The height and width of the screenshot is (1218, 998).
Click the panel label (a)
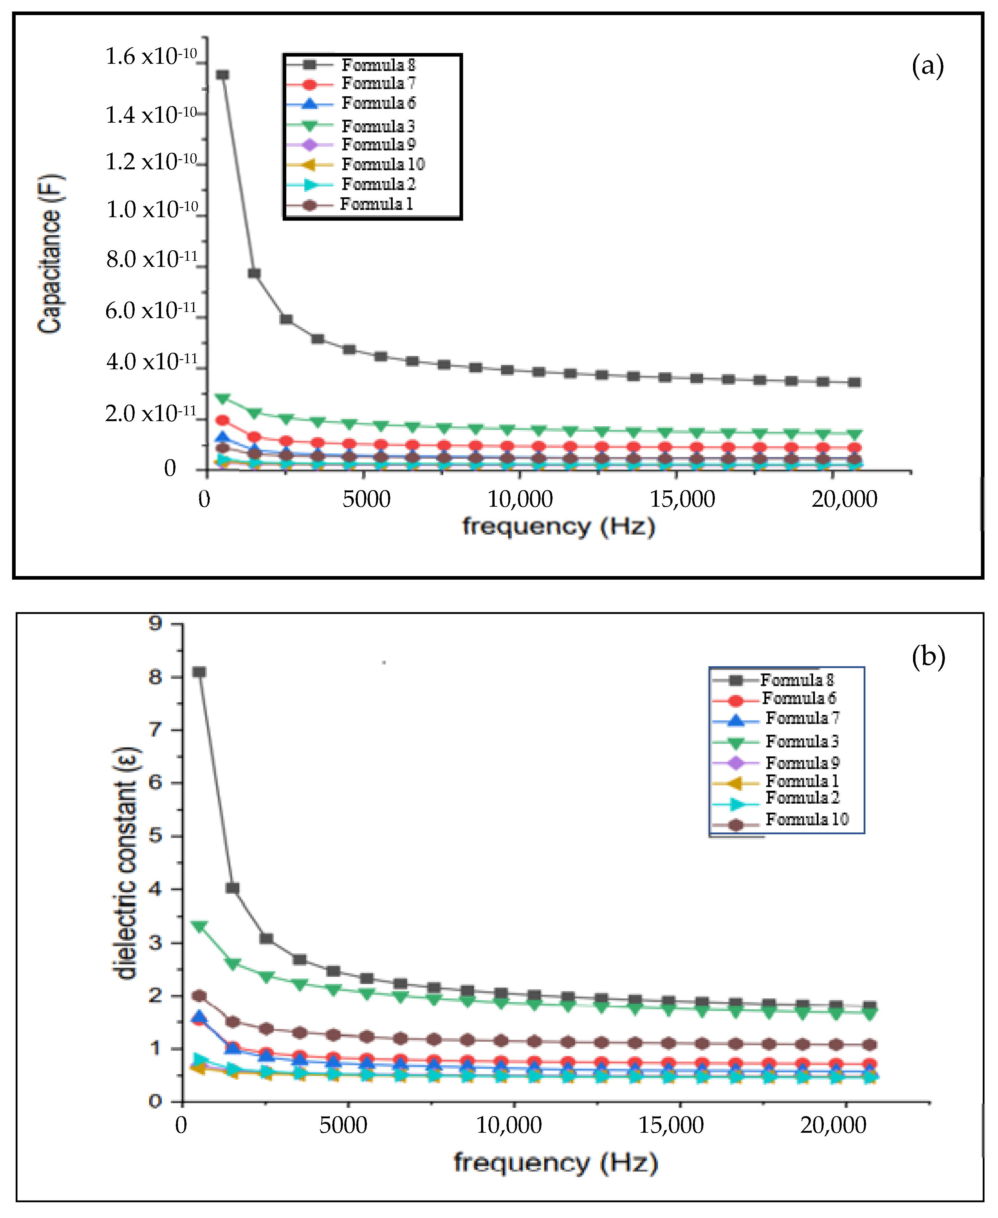pos(927,66)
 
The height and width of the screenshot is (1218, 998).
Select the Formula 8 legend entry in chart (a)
pos(378,65)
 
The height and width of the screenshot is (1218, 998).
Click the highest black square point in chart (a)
pos(223,75)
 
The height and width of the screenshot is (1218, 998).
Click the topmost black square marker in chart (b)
pos(199,672)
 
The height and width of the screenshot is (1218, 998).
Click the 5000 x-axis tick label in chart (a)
pos(366,499)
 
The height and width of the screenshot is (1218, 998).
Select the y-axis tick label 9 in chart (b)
pos(155,623)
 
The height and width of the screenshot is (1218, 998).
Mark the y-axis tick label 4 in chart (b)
pos(155,889)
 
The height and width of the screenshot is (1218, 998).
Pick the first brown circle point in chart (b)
pos(199,996)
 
